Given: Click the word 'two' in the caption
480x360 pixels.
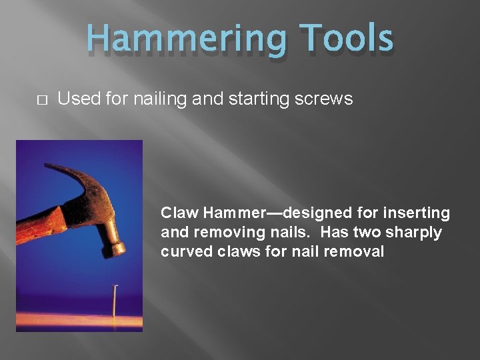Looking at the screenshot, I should click(373, 233).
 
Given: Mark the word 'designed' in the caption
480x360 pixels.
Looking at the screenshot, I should click(314, 213).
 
